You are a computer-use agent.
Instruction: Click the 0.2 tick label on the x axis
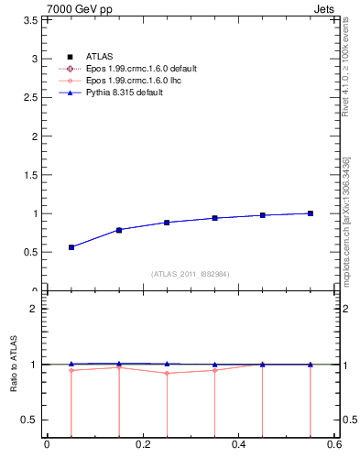tap(142, 445)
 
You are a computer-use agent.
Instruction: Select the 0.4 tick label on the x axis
tap(238, 445)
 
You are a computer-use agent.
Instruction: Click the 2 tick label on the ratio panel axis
tap(36, 309)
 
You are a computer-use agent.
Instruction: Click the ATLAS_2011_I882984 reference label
tap(191, 275)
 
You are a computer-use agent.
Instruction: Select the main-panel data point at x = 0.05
tap(71, 247)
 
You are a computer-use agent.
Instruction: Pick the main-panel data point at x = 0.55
tap(311, 213)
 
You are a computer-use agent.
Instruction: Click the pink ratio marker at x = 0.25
tap(167, 373)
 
